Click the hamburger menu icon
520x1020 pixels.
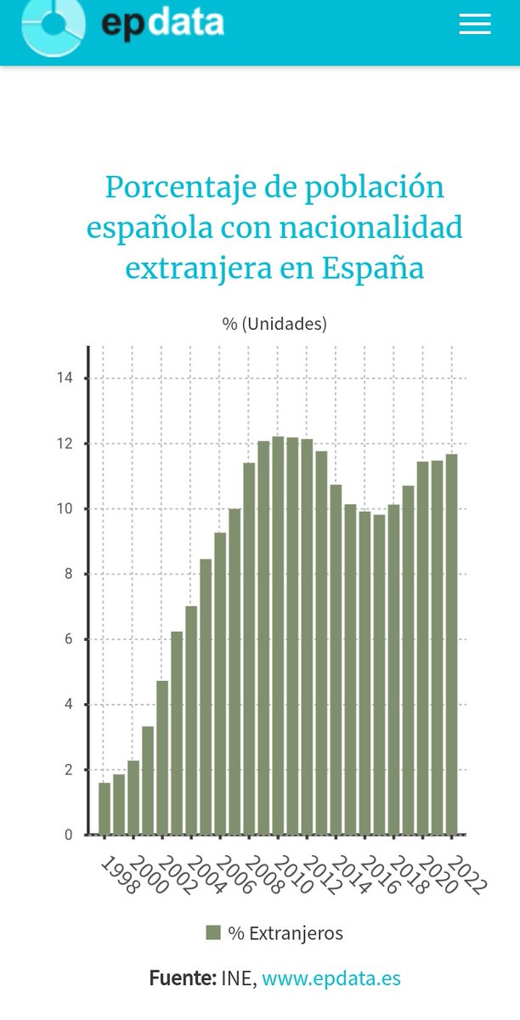click(x=475, y=25)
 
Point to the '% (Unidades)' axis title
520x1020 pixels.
click(x=274, y=324)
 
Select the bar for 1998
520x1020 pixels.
click(x=105, y=808)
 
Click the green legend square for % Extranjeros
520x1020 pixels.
click(x=213, y=932)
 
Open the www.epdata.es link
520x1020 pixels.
click(x=331, y=978)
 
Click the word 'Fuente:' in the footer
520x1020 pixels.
click(x=182, y=978)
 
